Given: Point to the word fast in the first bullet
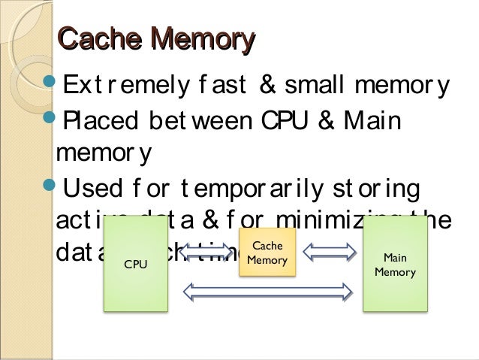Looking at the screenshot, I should [x=223, y=86].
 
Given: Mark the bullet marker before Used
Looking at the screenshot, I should [x=52, y=183].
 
